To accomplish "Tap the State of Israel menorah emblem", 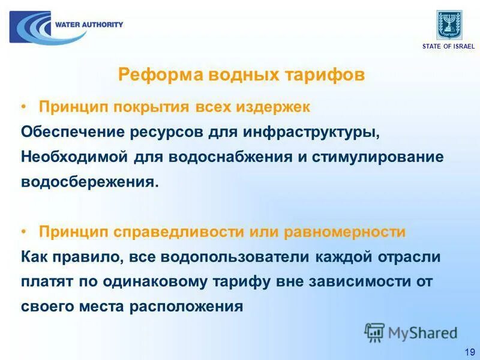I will coord(449,25).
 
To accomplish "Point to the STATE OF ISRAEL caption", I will coord(448,46).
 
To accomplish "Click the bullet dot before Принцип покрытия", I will coord(23,107).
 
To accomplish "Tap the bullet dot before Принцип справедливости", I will coord(23,232).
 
